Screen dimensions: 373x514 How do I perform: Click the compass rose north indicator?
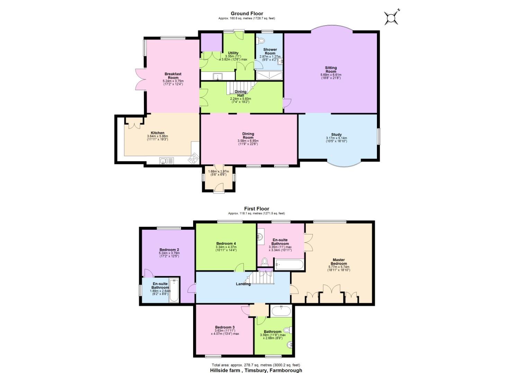point(391,17)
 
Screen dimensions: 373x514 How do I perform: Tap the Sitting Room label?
point(331,69)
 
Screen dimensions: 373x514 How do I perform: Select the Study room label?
point(336,135)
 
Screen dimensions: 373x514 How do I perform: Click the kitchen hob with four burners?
point(193,159)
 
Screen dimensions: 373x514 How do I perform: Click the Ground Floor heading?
point(247,13)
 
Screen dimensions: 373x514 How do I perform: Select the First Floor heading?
point(256,209)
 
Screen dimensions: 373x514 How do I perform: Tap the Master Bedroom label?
point(339,261)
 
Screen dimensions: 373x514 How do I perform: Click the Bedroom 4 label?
point(226,243)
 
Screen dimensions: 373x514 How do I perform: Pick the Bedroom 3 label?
point(225,327)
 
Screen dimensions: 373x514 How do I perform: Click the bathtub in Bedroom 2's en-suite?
point(174,290)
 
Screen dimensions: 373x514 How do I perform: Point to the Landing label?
point(243,284)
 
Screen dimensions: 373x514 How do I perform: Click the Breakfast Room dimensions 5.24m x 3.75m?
point(173,83)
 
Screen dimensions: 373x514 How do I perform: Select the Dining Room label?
point(248,135)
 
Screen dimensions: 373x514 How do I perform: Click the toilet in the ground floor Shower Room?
point(261,40)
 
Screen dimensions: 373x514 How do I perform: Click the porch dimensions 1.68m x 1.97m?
point(218,171)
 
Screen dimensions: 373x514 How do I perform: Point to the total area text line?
point(256,365)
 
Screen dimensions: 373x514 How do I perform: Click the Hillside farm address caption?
point(256,370)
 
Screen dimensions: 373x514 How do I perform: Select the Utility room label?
point(233,53)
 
